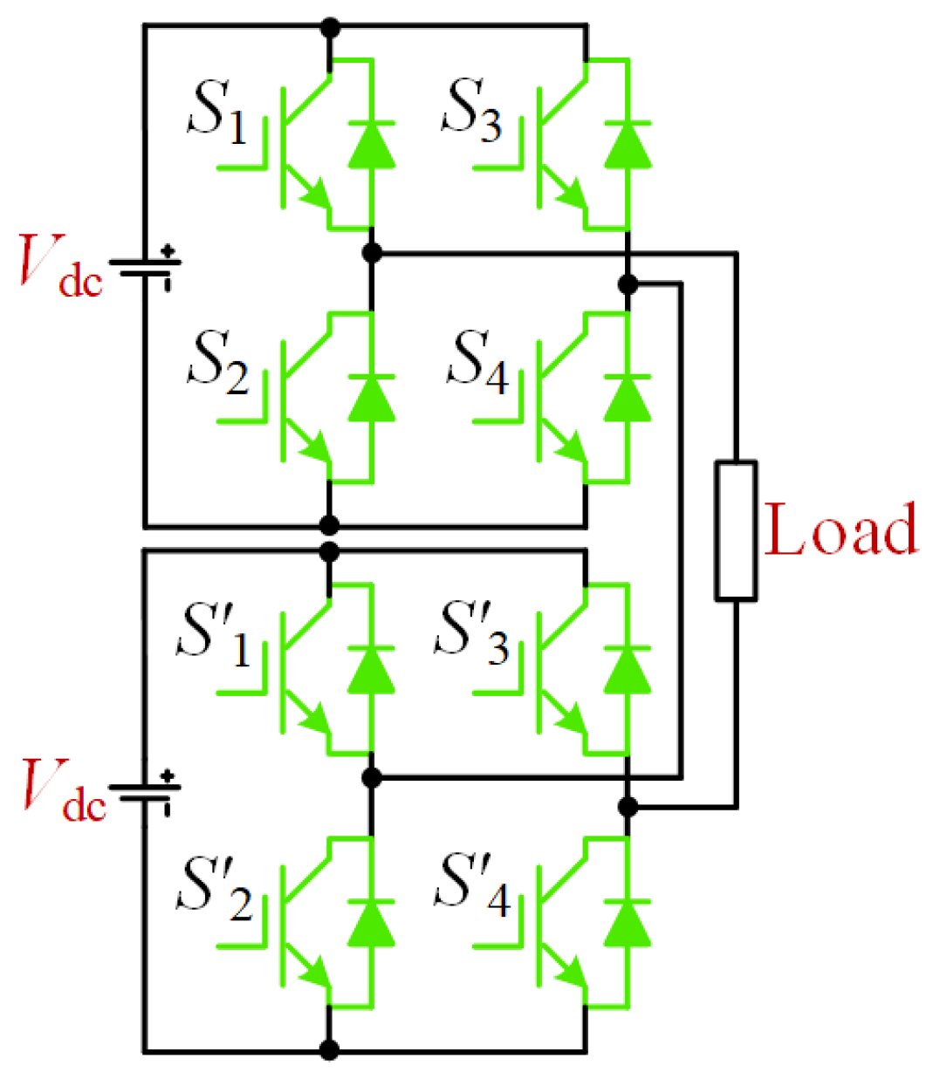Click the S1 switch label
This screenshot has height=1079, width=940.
217,112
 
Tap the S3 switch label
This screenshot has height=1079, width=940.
472,112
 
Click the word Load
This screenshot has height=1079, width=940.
841,529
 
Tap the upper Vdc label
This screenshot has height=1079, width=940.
60,265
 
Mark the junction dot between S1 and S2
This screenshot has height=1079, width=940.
372,254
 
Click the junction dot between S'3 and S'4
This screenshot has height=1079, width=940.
627,807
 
